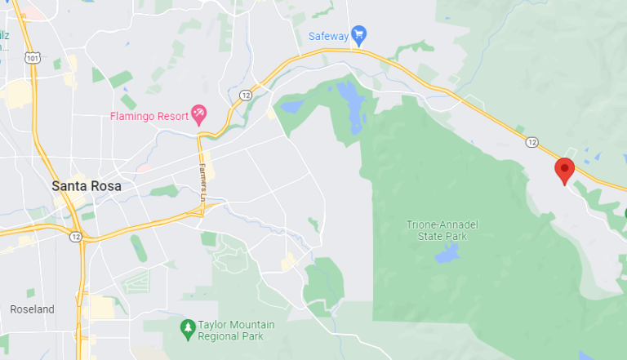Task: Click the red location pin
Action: pyautogui.click(x=564, y=170)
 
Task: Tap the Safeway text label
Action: pyautogui.click(x=328, y=35)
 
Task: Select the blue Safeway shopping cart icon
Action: pyautogui.click(x=358, y=34)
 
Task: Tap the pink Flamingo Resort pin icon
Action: pyautogui.click(x=198, y=113)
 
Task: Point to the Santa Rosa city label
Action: pyautogui.click(x=87, y=186)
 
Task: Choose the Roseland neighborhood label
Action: pyautogui.click(x=32, y=309)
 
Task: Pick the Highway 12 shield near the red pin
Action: pyautogui.click(x=532, y=142)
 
